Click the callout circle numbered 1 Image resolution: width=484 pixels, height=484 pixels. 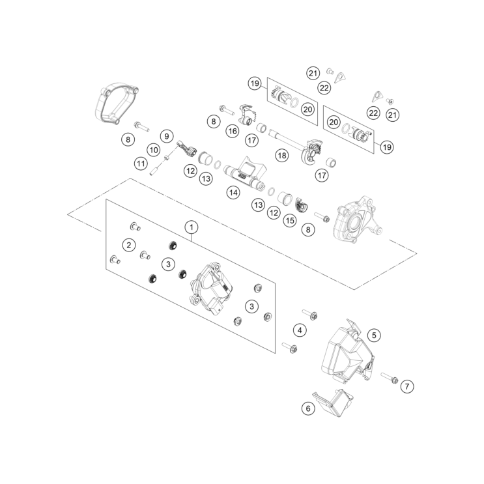192,227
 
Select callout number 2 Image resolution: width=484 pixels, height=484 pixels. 129,245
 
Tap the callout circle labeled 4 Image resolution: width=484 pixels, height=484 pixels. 300,330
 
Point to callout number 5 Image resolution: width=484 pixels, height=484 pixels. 374,335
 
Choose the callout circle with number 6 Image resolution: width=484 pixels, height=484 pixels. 308,408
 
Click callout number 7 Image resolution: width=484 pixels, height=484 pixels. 407,386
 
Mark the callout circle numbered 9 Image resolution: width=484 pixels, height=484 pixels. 167,136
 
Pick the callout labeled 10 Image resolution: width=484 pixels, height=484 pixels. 154,150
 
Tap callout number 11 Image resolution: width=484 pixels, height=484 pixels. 141,164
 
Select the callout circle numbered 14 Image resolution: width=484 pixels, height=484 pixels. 233,193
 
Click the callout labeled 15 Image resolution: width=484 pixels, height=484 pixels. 290,221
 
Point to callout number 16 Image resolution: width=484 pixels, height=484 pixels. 233,131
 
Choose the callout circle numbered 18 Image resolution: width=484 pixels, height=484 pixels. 282,155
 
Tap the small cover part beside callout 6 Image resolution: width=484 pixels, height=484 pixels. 334,403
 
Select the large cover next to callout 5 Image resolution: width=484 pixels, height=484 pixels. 348,351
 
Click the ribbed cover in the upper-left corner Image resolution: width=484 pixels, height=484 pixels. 117,104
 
